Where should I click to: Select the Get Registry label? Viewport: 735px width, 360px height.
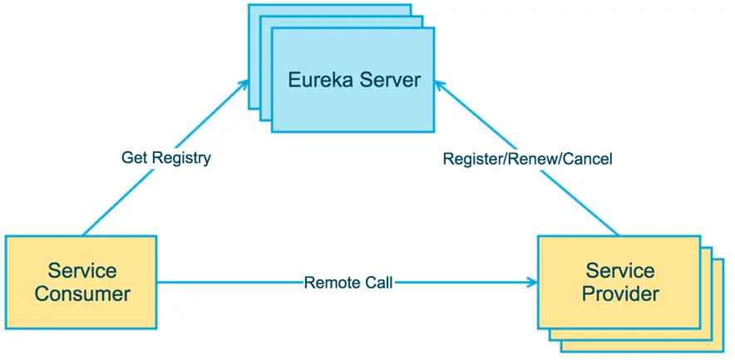click(166, 157)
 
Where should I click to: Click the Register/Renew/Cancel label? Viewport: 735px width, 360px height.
click(527, 158)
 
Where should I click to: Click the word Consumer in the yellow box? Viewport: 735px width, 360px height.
click(82, 293)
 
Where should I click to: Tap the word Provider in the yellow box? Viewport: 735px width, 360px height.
click(620, 293)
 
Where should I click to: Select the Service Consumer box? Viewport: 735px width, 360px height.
click(81, 282)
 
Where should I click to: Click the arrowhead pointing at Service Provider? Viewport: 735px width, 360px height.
click(531, 283)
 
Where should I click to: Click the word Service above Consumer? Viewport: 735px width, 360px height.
click(82, 271)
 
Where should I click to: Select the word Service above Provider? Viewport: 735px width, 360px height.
click(620, 271)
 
